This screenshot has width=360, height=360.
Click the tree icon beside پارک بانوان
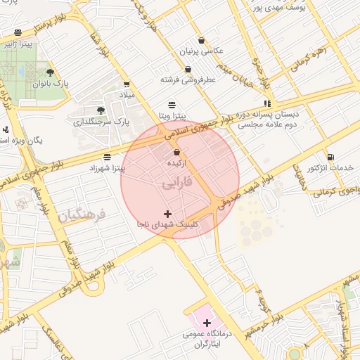(x=49, y=72)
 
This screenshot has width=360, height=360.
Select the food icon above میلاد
(x=127, y=84)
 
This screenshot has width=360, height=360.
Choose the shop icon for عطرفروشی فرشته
(x=188, y=70)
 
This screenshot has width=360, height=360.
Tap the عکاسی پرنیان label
(x=202, y=51)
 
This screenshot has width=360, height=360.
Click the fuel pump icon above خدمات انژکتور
(x=330, y=157)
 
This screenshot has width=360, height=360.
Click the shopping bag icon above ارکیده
(x=176, y=152)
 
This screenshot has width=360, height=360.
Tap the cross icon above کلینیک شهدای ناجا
(x=167, y=213)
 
